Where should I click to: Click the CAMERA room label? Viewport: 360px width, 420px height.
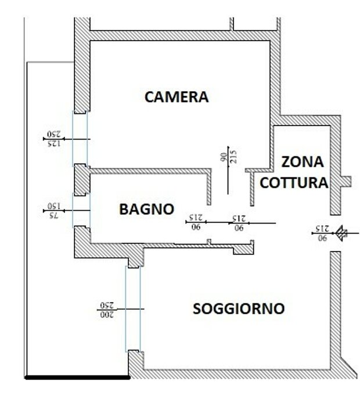(x=177, y=97)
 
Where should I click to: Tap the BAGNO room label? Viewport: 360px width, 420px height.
(x=147, y=209)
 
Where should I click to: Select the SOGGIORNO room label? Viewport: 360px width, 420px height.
(x=239, y=309)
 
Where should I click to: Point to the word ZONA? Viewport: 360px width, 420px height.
(x=303, y=162)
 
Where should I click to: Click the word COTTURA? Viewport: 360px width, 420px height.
(x=294, y=183)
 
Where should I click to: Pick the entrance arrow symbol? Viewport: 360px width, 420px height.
(x=342, y=234)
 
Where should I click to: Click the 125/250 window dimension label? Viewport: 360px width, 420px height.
(x=54, y=139)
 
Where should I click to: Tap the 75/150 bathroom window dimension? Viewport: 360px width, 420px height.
(x=54, y=211)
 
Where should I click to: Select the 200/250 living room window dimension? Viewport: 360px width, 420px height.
(x=107, y=310)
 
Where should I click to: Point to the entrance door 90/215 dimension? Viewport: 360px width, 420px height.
(x=322, y=234)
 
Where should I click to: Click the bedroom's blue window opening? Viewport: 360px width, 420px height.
(x=80, y=139)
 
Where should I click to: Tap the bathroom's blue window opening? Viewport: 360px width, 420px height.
(x=81, y=210)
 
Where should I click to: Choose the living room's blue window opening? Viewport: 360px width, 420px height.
(x=133, y=309)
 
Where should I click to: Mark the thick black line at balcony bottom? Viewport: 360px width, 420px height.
(x=77, y=378)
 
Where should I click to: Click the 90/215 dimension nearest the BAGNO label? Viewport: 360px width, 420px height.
(x=196, y=222)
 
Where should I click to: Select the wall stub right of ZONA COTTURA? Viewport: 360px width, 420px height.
(x=346, y=182)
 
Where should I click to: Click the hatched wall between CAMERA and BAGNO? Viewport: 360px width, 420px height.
(x=150, y=171)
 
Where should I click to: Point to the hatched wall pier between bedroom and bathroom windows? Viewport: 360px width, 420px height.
(x=82, y=180)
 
